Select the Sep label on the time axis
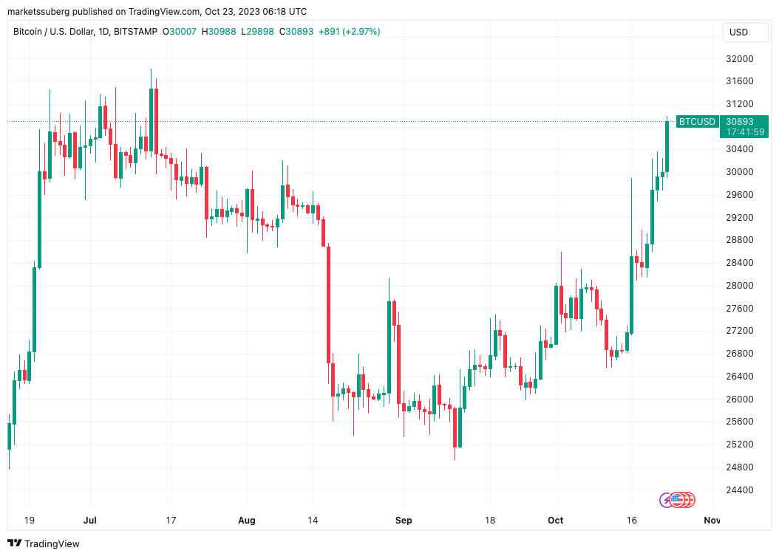404,521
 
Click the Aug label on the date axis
247,521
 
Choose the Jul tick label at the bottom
89,521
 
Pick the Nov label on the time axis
712,521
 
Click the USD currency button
738,32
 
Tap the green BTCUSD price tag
697,122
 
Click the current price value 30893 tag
740,122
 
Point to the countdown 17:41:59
740,132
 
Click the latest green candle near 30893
667,146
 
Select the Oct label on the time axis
555,521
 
